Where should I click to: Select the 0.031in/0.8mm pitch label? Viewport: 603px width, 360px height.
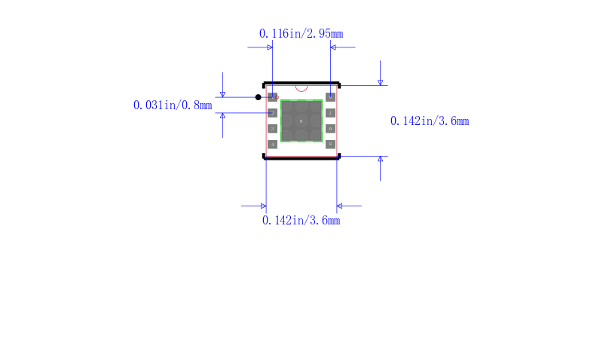(x=173, y=105)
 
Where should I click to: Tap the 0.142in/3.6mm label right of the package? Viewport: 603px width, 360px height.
(x=430, y=121)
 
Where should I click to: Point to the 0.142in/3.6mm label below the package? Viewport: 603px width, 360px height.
(x=301, y=221)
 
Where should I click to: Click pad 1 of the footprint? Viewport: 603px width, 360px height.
(x=273, y=97)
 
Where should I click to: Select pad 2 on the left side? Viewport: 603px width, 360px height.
(x=273, y=113)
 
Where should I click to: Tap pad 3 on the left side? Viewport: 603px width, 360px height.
(x=273, y=129)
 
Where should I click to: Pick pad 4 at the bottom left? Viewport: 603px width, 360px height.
(x=273, y=144)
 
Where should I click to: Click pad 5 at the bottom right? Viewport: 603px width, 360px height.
(x=330, y=144)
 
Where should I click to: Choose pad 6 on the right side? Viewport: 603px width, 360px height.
(x=330, y=129)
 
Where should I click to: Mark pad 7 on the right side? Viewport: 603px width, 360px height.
(x=330, y=113)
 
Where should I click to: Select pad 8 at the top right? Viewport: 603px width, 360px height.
(x=330, y=97)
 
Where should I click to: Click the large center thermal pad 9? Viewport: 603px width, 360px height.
(x=301, y=121)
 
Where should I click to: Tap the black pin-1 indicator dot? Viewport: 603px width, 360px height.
(x=259, y=97)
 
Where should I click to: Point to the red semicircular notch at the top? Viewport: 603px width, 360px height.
(x=301, y=87)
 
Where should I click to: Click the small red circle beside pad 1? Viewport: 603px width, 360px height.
(x=277, y=97)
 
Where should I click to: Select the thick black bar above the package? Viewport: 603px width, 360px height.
(x=301, y=84)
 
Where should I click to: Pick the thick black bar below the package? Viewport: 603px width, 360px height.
(x=301, y=158)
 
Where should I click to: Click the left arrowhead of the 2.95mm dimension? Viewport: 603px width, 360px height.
(x=269, y=47)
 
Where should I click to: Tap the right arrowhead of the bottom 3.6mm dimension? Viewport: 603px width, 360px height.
(x=340, y=206)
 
